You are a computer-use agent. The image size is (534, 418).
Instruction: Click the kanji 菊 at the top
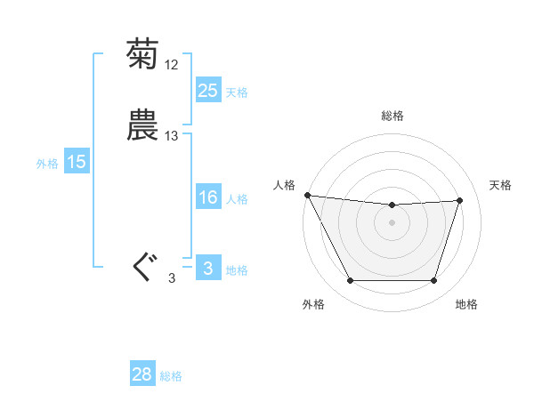coord(142,54)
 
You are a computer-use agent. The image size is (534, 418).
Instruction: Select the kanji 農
coord(142,125)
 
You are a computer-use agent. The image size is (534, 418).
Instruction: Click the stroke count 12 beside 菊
coord(172,65)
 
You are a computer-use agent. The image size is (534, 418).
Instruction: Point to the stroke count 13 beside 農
coord(172,136)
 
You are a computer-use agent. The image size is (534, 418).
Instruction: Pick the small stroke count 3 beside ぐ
coord(172,278)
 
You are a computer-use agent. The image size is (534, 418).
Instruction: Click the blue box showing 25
coord(207,91)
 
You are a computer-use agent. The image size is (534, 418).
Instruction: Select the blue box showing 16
coord(207,197)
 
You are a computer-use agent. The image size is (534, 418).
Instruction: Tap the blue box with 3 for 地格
coord(207,269)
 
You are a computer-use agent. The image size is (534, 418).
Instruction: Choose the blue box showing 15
coord(76,162)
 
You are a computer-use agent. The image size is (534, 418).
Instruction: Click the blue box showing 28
coord(142,374)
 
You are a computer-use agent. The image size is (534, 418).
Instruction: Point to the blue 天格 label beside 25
coord(237,92)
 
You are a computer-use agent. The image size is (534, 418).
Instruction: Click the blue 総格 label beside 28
coord(171,376)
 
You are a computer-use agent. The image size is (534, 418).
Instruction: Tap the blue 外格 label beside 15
coord(47,164)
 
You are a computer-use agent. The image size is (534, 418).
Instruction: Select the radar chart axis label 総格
coord(392,116)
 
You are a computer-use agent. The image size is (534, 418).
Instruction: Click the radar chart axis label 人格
coord(284,185)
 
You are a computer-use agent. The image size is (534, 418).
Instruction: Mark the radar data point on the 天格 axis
coord(460,200)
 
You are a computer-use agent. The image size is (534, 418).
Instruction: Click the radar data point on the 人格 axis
coord(307,195)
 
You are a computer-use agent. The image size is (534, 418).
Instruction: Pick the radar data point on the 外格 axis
coord(350,281)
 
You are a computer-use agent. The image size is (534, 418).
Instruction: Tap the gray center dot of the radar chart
coord(392,222)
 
